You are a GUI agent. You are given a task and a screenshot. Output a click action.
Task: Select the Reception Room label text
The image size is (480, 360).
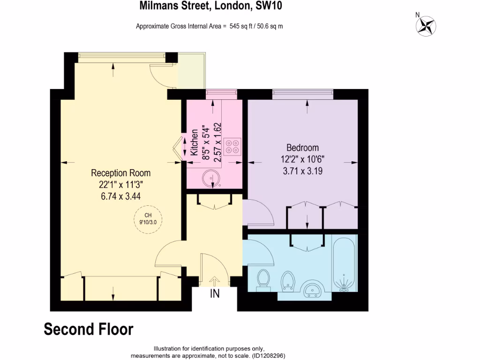120,173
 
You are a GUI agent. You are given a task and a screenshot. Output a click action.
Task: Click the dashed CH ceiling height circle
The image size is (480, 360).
147,218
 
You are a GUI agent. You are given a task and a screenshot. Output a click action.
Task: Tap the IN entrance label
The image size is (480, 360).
215,294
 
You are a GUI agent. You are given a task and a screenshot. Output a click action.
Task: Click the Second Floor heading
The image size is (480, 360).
89,329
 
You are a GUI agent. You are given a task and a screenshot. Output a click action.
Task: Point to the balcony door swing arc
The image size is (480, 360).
161,75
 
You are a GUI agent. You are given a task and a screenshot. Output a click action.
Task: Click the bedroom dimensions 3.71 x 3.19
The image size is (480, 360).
302,171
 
